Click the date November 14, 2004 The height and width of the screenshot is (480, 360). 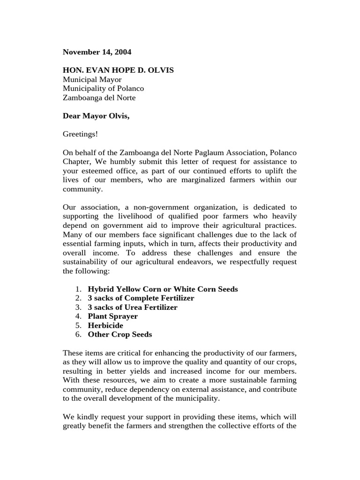[97, 52]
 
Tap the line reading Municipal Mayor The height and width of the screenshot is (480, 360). [92, 80]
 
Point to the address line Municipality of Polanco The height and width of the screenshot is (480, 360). [103, 89]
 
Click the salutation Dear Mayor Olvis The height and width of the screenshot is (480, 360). [96, 116]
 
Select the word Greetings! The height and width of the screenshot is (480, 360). [80, 134]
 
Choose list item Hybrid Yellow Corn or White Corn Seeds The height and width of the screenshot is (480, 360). [163, 289]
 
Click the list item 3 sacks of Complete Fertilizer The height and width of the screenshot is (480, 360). [141, 298]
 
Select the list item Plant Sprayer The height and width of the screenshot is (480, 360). [112, 316]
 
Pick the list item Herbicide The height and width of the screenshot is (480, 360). [105, 325]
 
